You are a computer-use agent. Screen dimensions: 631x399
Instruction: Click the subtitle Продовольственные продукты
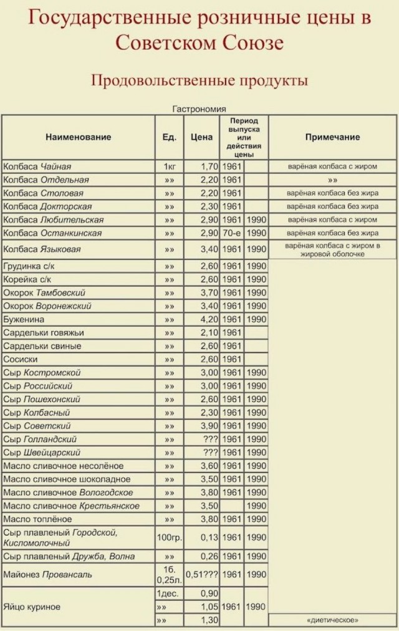[x=199, y=80]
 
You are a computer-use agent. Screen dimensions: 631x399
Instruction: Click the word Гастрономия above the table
[x=199, y=108]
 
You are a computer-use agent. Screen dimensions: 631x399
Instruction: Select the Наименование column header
[x=78, y=137]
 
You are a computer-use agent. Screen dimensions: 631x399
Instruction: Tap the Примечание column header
[x=332, y=137]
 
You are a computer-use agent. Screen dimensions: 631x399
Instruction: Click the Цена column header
[x=201, y=137]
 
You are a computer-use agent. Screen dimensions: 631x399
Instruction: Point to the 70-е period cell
[x=231, y=233]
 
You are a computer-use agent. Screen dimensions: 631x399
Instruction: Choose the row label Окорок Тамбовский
[x=44, y=292]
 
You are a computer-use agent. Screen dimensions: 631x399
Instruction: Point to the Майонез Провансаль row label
[x=47, y=574]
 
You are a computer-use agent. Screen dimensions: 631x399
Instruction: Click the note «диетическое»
[x=332, y=620]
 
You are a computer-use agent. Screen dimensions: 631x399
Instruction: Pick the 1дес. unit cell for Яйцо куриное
[x=169, y=593]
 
